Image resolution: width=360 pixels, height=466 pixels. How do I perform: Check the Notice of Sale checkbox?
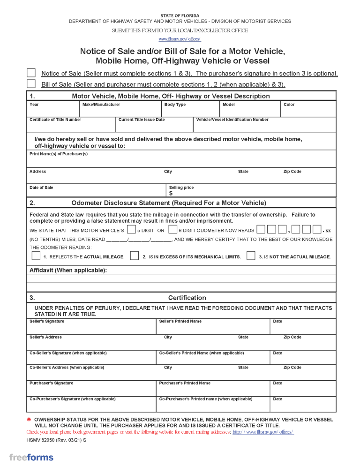(31, 73)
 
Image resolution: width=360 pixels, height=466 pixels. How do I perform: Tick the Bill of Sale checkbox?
(31, 84)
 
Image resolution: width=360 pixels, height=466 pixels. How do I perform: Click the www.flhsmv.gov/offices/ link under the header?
(180, 39)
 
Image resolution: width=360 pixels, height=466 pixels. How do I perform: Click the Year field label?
(34, 105)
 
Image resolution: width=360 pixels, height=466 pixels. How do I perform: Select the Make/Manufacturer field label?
(101, 105)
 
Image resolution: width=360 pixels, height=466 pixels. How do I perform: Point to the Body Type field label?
(175, 105)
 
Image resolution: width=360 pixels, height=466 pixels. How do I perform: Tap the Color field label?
(289, 105)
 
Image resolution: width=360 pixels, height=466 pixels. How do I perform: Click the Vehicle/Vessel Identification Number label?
(232, 120)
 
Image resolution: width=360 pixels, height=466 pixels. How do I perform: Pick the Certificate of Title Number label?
(55, 120)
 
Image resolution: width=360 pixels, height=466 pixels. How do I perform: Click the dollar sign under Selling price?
(171, 193)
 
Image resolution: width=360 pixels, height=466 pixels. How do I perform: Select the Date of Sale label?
(41, 188)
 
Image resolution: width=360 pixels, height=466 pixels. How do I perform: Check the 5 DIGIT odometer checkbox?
(131, 230)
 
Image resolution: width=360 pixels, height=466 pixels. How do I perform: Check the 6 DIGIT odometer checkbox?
(173, 230)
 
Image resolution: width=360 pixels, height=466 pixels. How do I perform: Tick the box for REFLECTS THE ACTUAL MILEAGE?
(36, 256)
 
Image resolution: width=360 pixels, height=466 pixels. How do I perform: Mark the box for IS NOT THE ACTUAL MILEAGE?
(251, 256)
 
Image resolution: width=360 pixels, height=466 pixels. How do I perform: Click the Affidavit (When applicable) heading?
(68, 270)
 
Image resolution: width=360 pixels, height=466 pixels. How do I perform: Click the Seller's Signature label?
(47, 321)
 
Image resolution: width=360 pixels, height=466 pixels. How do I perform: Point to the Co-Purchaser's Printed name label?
(206, 399)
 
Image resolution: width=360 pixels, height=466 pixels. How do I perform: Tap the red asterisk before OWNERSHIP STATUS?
(29, 420)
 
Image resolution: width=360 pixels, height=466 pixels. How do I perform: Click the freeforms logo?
(31, 458)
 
